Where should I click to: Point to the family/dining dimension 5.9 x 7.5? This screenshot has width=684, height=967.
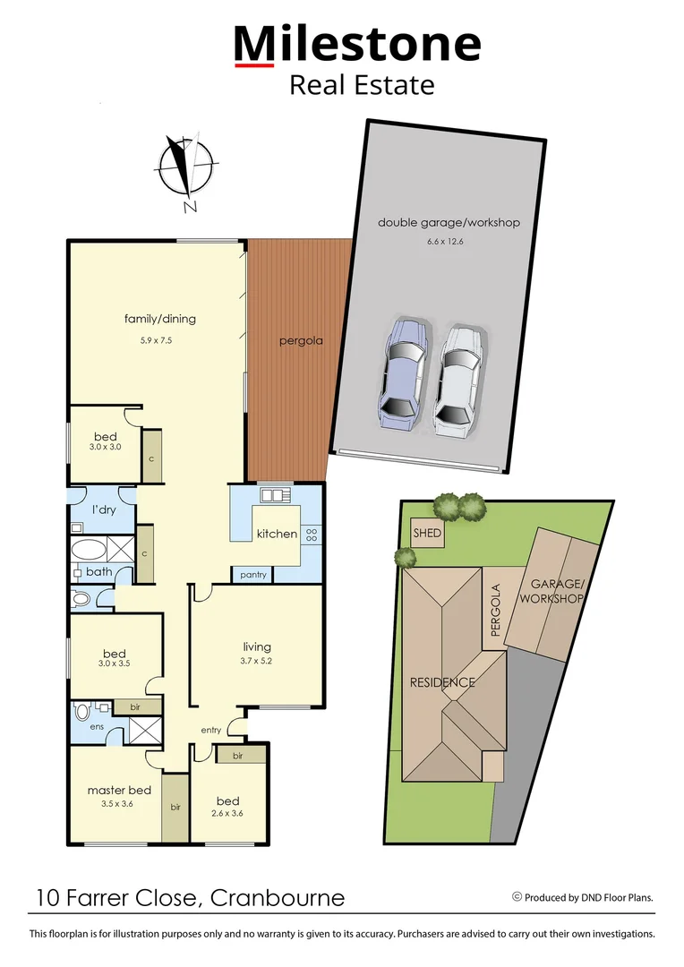tap(159, 340)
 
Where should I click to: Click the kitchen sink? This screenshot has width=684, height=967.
tap(271, 494)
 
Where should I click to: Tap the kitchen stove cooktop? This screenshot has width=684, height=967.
tap(312, 534)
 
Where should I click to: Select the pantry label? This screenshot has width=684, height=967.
tap(253, 575)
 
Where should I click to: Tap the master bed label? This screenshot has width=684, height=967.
tap(118, 790)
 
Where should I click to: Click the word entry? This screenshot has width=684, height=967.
tap(210, 731)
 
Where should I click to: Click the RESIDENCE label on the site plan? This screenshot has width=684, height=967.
tap(441, 682)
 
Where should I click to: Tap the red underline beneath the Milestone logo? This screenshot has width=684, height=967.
tap(253, 64)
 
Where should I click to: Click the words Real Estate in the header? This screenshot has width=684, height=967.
tap(361, 85)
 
